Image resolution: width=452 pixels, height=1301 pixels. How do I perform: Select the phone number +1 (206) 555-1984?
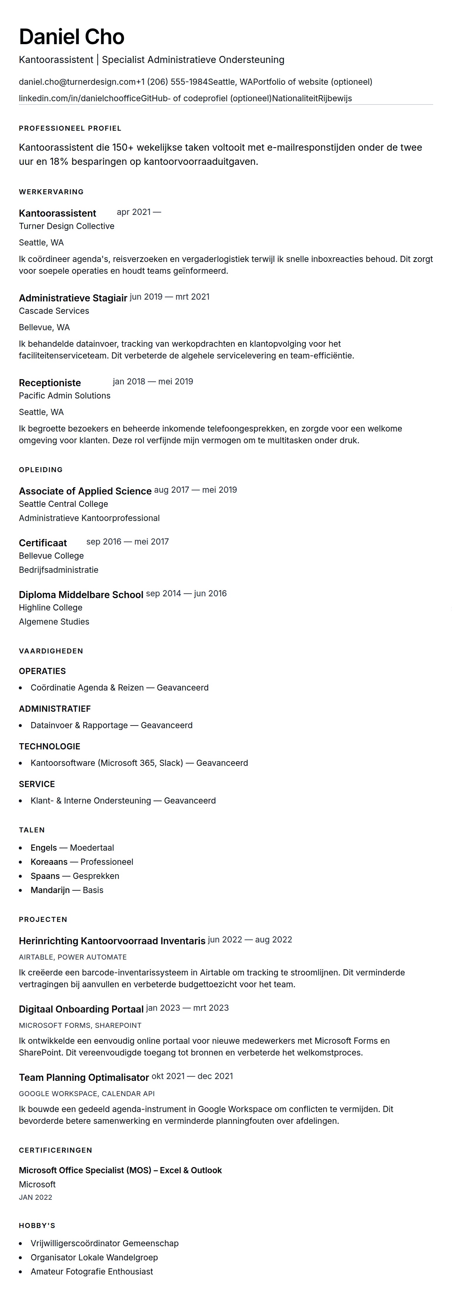click(x=172, y=82)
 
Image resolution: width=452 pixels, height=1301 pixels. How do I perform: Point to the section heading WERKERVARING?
click(x=51, y=192)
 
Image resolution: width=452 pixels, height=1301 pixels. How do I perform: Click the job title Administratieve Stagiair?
click(x=73, y=298)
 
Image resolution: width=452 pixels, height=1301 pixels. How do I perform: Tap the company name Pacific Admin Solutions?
click(x=65, y=396)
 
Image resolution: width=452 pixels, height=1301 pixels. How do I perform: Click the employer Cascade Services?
click(x=54, y=311)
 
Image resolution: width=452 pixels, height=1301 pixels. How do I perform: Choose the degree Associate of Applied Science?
click(x=85, y=491)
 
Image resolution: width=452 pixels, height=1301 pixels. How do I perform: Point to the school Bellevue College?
click(x=51, y=555)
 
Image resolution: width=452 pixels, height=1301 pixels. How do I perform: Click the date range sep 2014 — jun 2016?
click(x=186, y=593)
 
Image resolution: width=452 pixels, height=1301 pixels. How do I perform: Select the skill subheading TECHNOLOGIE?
click(x=49, y=746)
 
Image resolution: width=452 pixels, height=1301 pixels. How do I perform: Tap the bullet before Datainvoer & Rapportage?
click(x=21, y=726)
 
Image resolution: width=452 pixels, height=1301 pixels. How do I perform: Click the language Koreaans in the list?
click(x=49, y=862)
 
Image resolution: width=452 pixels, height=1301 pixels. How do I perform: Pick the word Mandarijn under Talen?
click(x=50, y=890)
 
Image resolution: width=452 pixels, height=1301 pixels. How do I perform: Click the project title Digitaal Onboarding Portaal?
click(x=81, y=1009)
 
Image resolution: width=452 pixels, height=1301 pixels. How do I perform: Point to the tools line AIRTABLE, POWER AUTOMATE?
click(x=73, y=957)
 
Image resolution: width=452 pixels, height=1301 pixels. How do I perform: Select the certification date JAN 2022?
click(x=35, y=1197)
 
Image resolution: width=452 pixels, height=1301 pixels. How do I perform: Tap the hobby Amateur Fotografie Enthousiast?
click(x=92, y=1271)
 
